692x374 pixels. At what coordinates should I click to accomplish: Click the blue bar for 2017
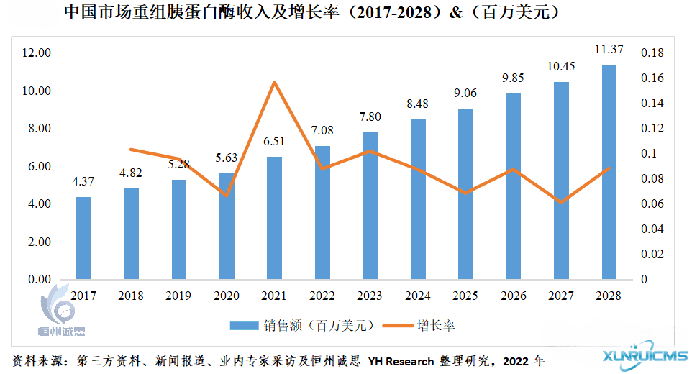(x=84, y=238)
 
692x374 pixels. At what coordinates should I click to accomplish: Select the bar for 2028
(x=609, y=172)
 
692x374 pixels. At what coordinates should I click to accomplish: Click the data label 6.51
(x=274, y=142)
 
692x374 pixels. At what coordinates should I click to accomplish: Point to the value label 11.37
(x=609, y=50)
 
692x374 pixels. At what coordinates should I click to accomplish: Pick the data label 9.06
(x=465, y=93)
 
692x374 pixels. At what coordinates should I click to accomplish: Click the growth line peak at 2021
(x=274, y=82)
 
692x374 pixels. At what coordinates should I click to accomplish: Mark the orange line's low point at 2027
(x=561, y=202)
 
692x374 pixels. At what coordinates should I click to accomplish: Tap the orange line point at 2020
(x=227, y=195)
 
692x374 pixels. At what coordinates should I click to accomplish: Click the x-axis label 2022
(x=322, y=296)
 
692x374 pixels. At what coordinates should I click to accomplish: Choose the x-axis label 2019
(x=178, y=296)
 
